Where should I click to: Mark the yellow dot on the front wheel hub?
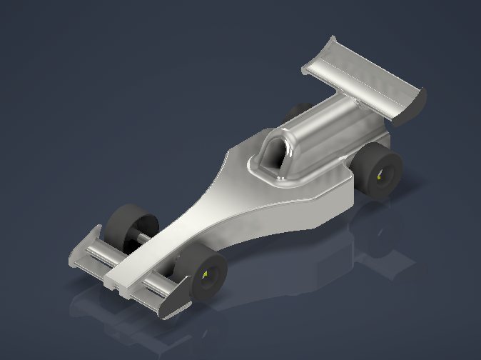(x=206, y=274)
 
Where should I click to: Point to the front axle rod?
(x=146, y=237)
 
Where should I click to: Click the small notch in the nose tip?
(x=113, y=284)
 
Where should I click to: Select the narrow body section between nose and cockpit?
(x=207, y=207)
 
